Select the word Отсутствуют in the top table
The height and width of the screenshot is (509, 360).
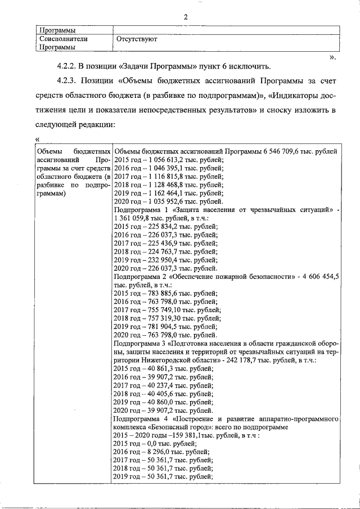(x=136, y=39)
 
